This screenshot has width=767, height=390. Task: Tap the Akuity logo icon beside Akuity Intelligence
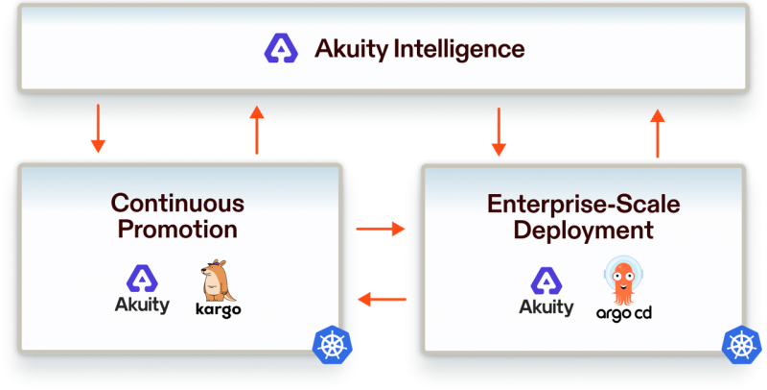281,48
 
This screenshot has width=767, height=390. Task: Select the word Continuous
177,204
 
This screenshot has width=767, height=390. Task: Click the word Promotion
177,229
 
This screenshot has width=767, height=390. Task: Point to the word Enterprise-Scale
584,205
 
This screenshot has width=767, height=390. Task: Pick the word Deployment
584,230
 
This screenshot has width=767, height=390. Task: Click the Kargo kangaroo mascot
218,280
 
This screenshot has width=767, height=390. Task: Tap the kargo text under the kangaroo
219,310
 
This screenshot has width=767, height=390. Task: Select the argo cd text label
624,313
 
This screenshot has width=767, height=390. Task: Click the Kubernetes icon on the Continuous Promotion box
332,345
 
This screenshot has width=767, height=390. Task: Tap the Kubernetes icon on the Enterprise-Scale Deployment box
742,345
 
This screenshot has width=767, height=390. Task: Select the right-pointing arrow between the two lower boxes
381,229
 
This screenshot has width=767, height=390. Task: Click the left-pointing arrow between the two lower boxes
382,299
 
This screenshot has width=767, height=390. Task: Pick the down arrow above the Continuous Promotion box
98,129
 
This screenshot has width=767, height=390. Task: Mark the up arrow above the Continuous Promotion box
256,130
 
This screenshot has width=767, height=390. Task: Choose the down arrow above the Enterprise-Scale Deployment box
499,132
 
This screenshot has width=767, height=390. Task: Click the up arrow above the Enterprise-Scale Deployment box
658,134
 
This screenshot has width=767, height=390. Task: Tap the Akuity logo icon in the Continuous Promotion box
142,279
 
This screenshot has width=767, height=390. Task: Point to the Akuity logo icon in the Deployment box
546,280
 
